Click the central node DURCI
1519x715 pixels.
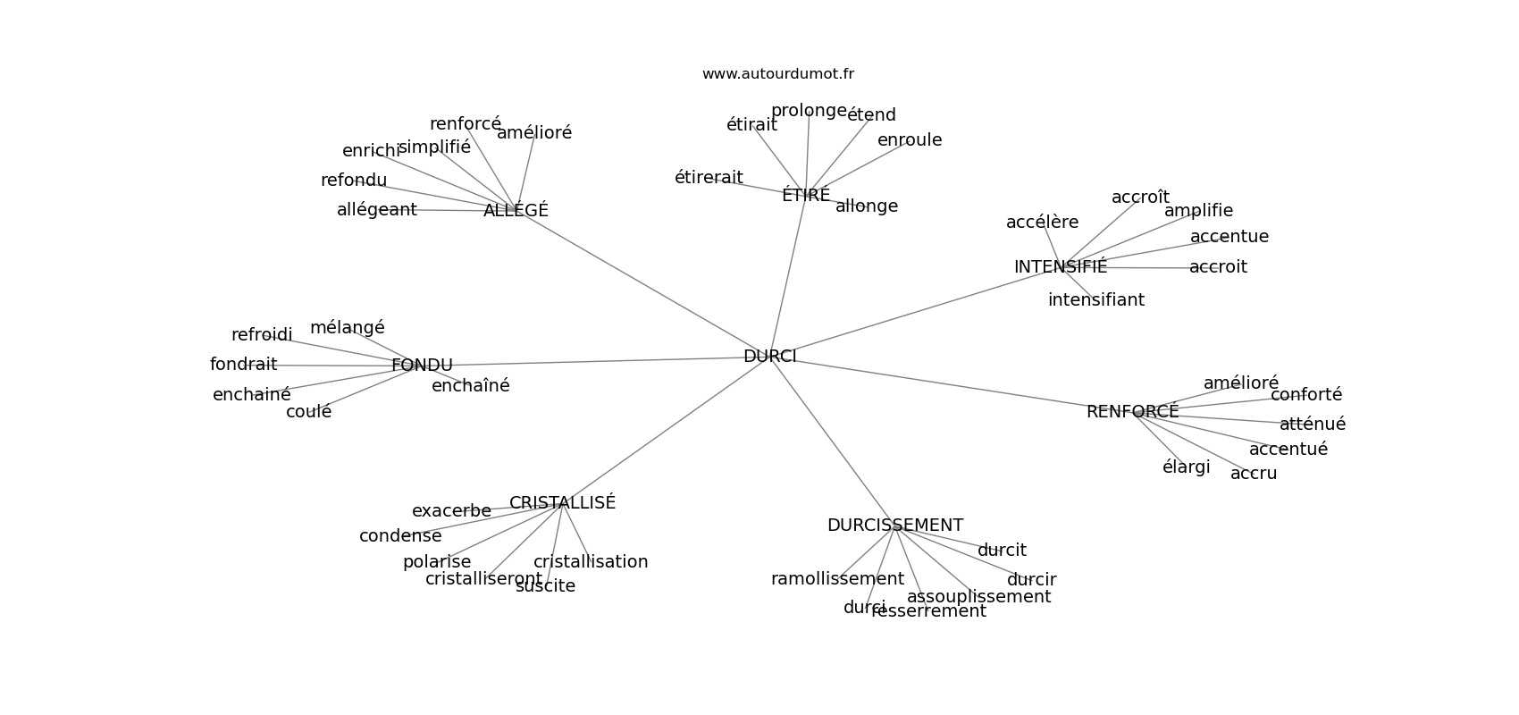click(769, 357)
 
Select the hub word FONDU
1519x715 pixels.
click(422, 366)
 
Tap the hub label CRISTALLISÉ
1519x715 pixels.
click(562, 503)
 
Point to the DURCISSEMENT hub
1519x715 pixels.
click(894, 526)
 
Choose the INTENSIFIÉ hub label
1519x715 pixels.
click(1060, 267)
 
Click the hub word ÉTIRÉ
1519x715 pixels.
click(805, 196)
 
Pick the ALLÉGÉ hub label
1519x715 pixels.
click(516, 211)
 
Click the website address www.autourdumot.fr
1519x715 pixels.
click(777, 74)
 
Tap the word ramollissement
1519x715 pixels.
click(837, 579)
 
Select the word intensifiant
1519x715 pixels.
click(1095, 300)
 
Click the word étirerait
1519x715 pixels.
click(709, 178)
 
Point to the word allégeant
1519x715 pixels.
click(376, 210)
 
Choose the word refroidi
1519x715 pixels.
click(262, 335)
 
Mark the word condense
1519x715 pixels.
click(400, 536)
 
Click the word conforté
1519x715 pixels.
click(1305, 395)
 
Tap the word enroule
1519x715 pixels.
click(910, 140)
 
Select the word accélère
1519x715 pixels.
click(1042, 223)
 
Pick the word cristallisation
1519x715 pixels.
click(591, 562)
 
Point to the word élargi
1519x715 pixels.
click(1186, 467)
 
